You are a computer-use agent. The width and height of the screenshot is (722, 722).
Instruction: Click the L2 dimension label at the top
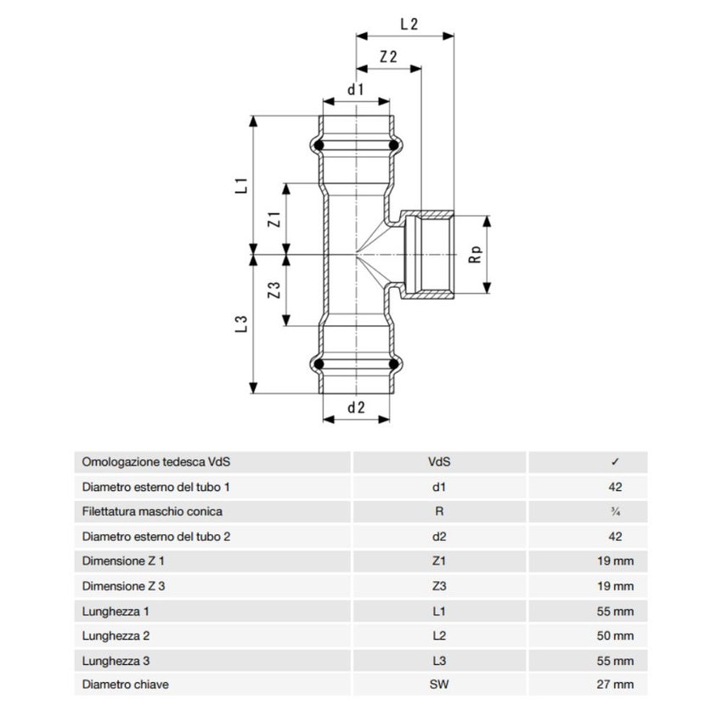pos(409,24)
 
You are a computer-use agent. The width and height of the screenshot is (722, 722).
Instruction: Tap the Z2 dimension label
pos(388,57)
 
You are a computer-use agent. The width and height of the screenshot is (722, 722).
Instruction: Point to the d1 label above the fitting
pos(355,89)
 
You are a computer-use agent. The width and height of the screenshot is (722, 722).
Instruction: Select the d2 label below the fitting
pos(356,408)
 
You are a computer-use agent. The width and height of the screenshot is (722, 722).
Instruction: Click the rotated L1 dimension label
pos(242,185)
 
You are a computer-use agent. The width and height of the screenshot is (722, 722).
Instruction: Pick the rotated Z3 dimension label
pos(274,290)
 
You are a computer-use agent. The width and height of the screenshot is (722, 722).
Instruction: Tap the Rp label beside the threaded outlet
pos(475,255)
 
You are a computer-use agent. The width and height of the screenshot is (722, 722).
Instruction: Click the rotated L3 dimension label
pos(242,324)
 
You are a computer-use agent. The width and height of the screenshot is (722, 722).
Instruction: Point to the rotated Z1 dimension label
pos(274,219)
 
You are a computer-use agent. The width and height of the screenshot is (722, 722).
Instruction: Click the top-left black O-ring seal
pos(319,145)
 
